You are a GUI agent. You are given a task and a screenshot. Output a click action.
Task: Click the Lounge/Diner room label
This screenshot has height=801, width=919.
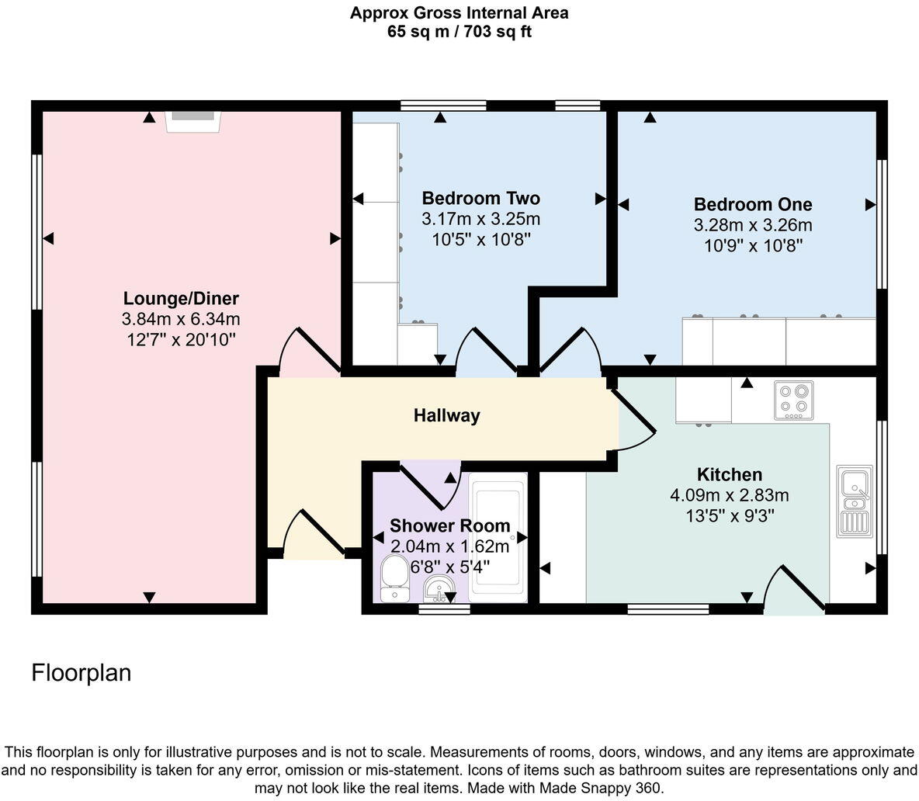point(181,299)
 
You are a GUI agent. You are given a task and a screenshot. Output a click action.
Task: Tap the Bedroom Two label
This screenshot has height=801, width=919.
point(480,198)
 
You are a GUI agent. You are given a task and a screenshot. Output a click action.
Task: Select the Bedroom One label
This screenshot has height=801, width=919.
point(752,204)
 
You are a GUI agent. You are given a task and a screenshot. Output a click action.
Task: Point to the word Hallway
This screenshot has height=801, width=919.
point(446,415)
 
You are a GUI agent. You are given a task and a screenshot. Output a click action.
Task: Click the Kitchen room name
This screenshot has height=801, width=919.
point(729,474)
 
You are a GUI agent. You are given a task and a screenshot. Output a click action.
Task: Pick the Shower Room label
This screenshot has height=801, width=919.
point(449,525)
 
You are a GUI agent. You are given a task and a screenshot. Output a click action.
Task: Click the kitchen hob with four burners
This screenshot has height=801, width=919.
point(793,400)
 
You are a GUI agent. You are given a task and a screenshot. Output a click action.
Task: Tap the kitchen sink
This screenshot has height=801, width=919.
point(854,501)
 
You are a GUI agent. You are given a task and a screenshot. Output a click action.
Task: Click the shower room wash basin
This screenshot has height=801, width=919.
point(439,590)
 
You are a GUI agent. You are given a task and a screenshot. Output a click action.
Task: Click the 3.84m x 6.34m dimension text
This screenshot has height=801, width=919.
point(181,319)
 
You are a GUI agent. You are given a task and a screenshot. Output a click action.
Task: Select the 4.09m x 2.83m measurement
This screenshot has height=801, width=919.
point(729,494)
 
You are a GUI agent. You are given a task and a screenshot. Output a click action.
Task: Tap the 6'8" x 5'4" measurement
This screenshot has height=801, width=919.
point(449,567)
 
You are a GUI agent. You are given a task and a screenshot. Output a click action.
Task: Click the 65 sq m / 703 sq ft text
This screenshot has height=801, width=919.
point(459,32)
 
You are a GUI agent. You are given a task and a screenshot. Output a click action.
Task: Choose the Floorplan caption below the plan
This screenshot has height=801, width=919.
point(81,672)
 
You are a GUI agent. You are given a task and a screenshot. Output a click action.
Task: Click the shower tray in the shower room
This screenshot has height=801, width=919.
point(498,538)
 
